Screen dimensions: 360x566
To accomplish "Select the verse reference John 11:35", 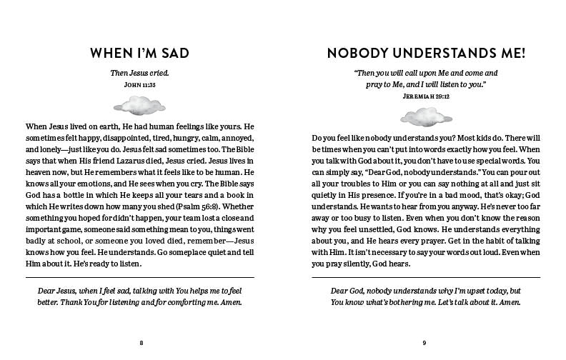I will pos(141,84).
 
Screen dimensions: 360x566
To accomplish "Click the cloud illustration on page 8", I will pos(141,109).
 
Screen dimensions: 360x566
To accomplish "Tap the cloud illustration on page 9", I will pos(424,116).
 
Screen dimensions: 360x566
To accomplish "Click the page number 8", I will pos(141,343).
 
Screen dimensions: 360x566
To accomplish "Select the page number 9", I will pos(424,343).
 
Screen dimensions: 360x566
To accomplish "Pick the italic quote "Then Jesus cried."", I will pos(141,73).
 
